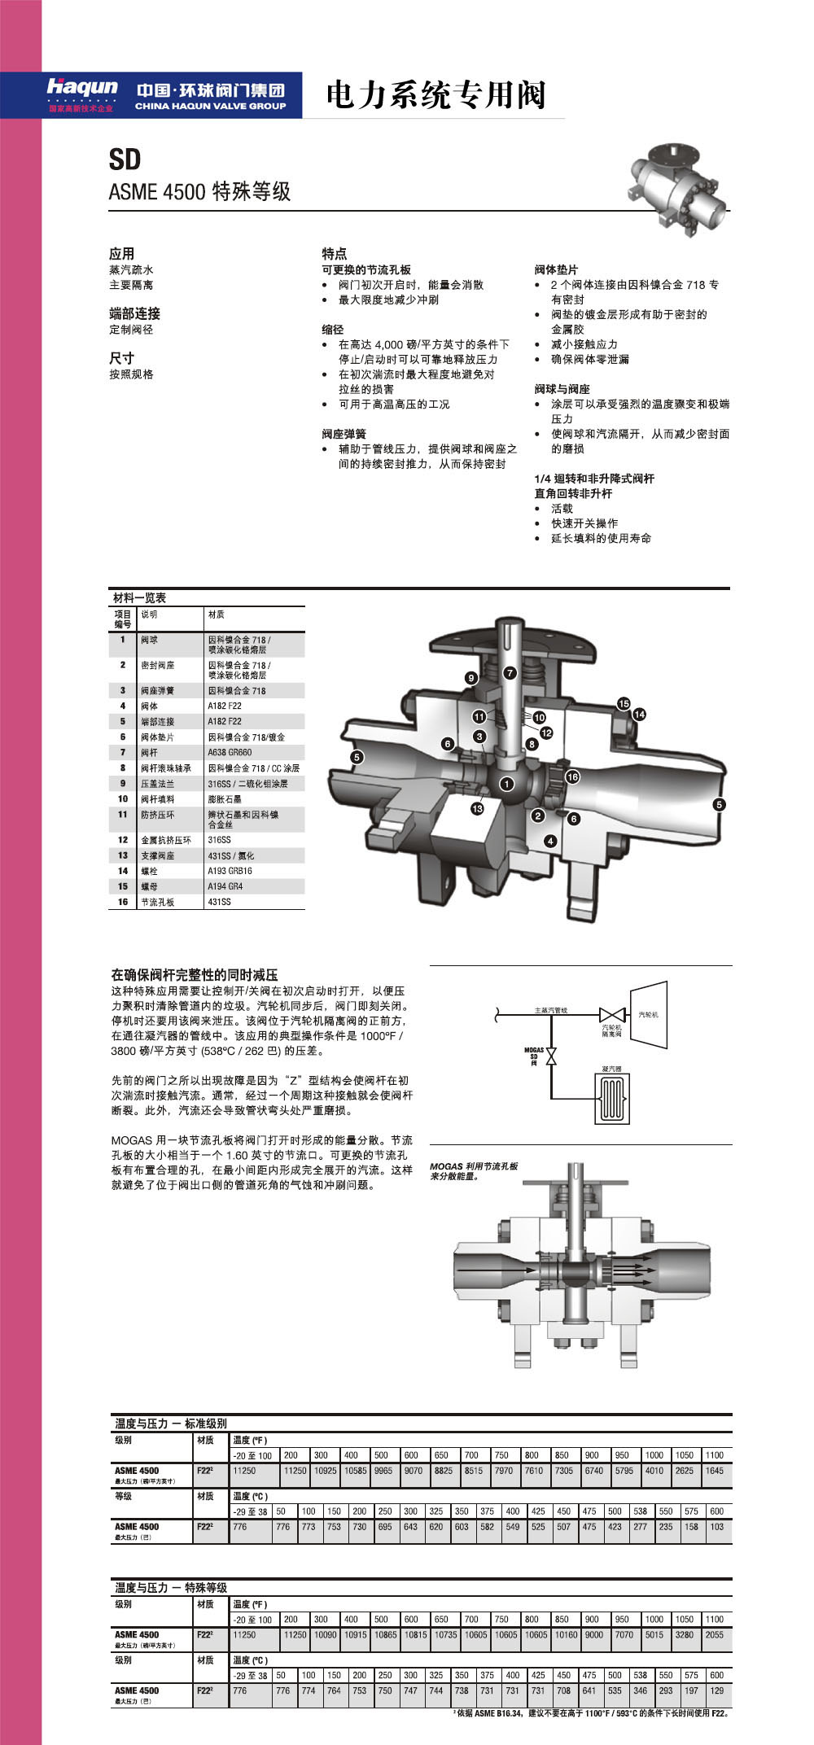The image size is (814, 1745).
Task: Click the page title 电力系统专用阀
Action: [435, 95]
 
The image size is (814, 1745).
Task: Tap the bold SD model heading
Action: [125, 160]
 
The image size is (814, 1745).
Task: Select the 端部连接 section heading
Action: [134, 313]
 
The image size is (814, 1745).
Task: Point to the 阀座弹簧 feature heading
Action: [344, 434]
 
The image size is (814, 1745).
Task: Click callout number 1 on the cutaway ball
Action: [507, 784]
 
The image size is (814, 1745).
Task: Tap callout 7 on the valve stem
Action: [510, 673]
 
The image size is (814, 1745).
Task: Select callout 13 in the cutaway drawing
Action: [477, 808]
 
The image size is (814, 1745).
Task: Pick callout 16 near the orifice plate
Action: [572, 776]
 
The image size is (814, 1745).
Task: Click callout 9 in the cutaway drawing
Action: [471, 678]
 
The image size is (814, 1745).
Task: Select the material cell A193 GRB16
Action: [230, 871]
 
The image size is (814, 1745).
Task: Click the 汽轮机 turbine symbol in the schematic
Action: [650, 1013]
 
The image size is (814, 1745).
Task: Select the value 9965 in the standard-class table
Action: [383, 1471]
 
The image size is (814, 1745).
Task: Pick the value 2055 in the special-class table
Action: [714, 1634]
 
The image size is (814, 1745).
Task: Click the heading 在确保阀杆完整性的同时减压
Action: [195, 974]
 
